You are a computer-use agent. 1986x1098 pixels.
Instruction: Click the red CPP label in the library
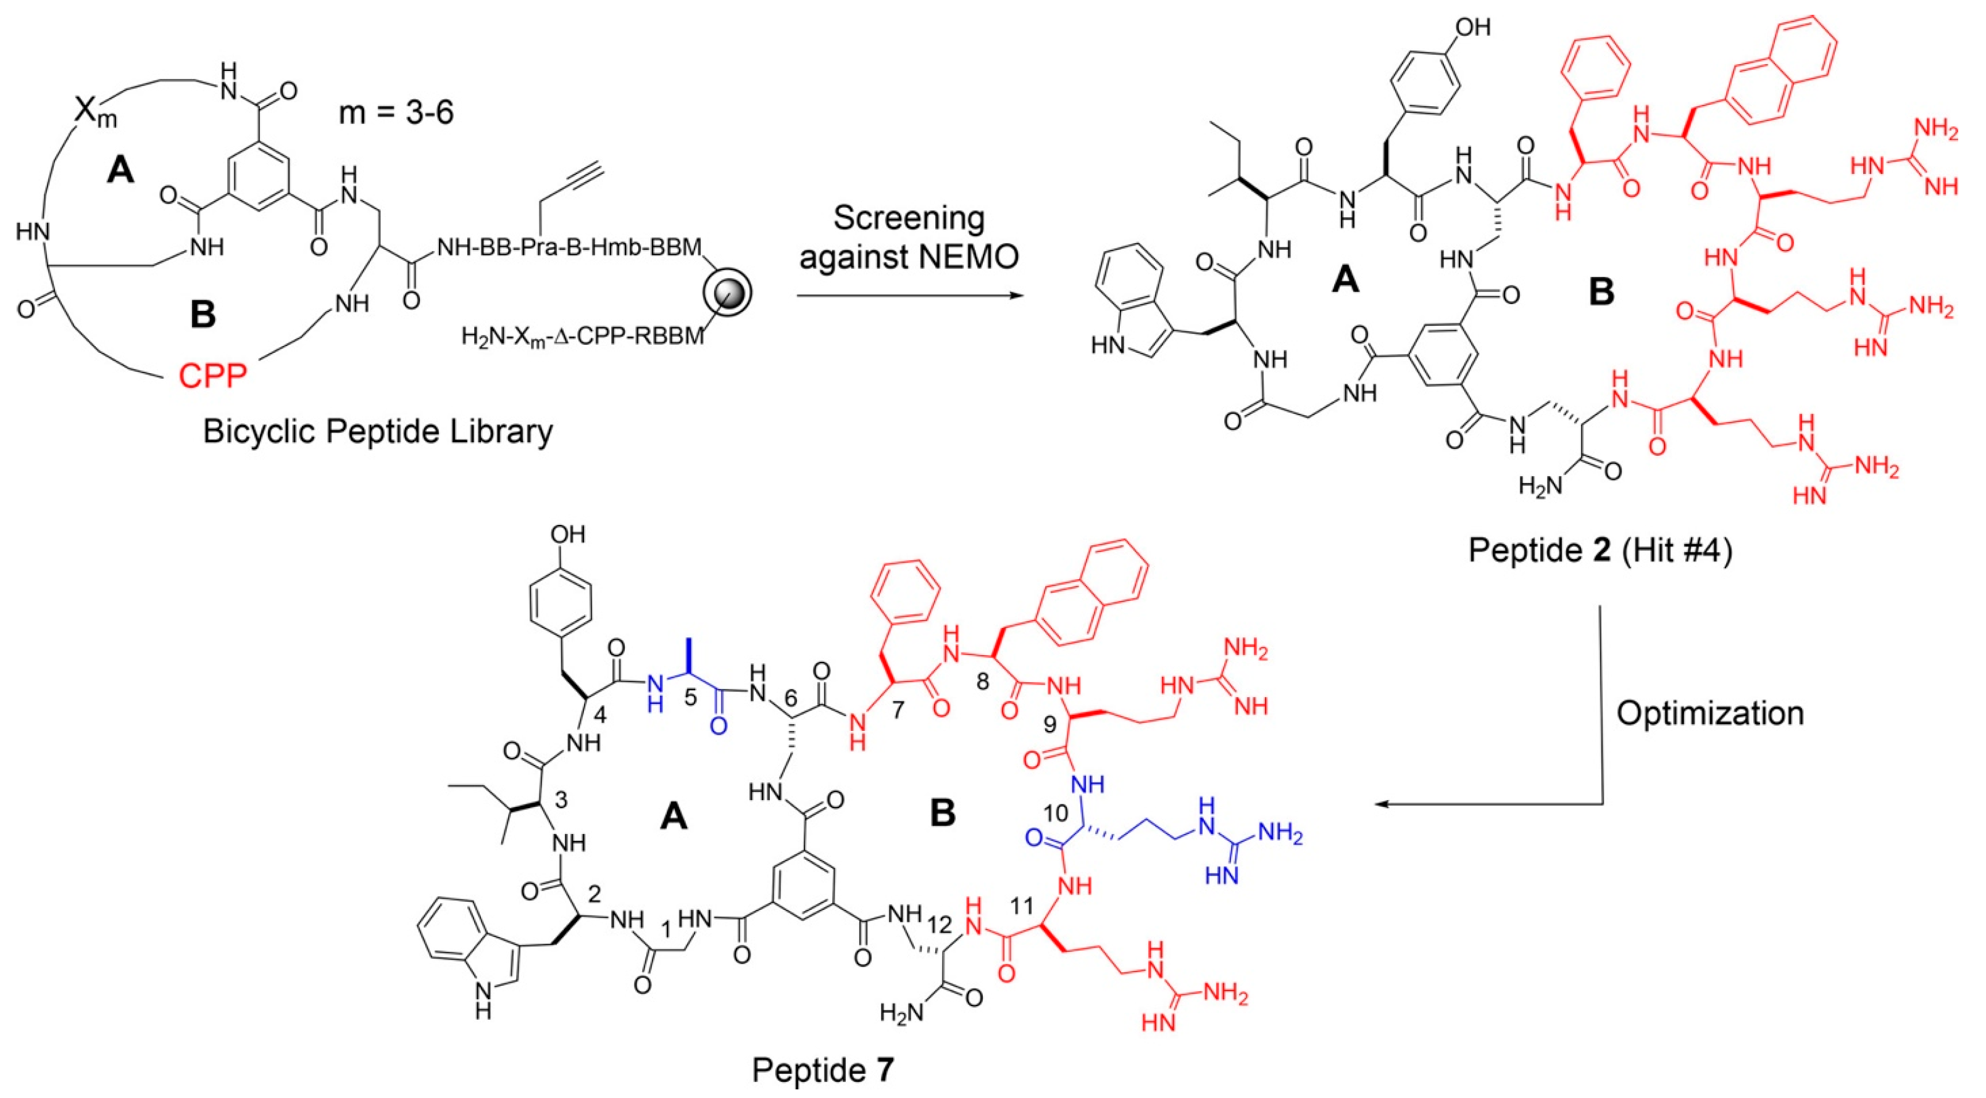click(213, 377)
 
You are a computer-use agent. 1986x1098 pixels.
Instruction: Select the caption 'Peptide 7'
click(823, 1070)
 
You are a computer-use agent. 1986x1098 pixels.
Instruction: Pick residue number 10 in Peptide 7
click(1056, 813)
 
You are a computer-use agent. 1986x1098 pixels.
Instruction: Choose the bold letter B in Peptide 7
click(943, 814)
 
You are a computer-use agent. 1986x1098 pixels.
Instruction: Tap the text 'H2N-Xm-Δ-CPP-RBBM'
click(583, 337)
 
